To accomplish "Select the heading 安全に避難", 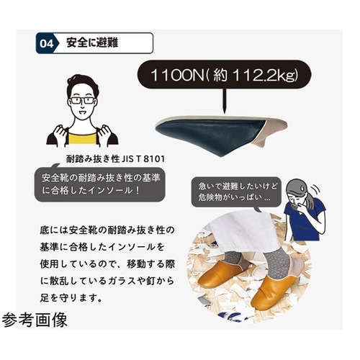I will (x=91, y=43).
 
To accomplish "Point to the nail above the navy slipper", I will (x=225, y=102).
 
